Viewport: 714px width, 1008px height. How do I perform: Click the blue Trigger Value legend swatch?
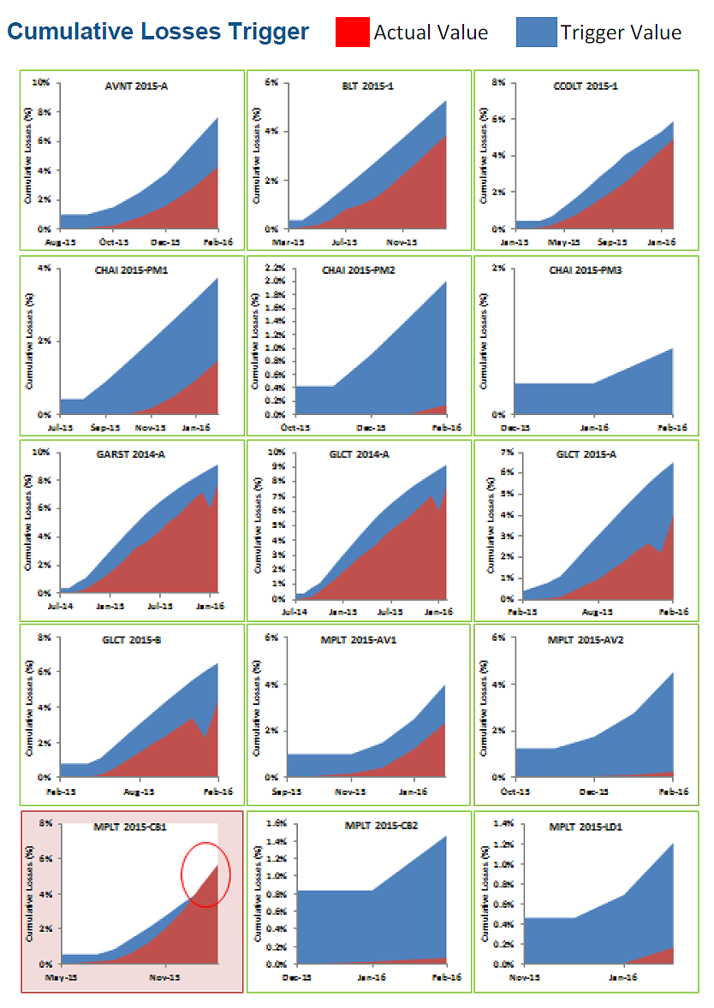coord(536,33)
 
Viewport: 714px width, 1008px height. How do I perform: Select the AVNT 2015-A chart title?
coord(135,86)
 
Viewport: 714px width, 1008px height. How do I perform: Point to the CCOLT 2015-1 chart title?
coord(586,86)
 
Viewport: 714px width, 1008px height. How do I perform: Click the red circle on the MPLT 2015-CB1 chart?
coord(206,873)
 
